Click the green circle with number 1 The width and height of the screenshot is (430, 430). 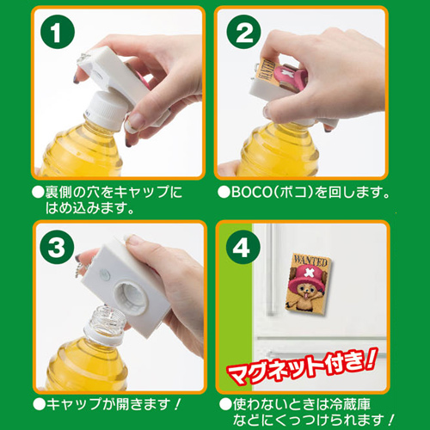point(58,32)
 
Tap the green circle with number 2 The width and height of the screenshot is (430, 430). point(243,32)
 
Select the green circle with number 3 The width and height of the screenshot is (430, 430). point(57,247)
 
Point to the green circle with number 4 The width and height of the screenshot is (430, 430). point(243,247)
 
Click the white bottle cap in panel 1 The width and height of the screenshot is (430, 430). point(106,109)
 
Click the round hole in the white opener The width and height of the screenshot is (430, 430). point(131,298)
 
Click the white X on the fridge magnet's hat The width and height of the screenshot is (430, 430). point(309,273)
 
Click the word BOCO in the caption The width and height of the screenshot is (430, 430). point(251,192)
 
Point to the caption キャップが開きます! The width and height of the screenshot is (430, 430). point(114,404)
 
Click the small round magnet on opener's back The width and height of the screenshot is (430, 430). point(104,274)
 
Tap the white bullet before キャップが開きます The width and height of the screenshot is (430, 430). point(40,404)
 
